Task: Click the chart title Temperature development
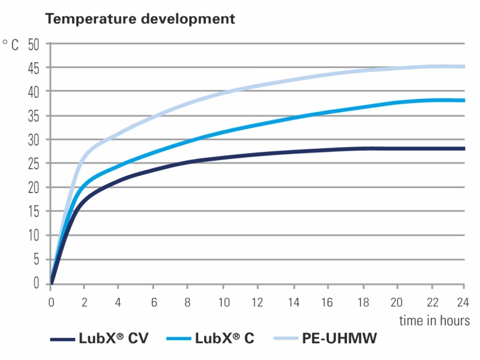[x=140, y=19]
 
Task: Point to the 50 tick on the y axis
[x=33, y=44]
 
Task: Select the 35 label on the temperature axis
[x=33, y=116]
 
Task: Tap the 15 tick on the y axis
[x=33, y=211]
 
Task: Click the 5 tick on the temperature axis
[x=35, y=259]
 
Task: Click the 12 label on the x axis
[x=258, y=301]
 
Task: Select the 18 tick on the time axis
[x=361, y=301]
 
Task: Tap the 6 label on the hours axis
[x=154, y=301]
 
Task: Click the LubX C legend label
[x=224, y=338]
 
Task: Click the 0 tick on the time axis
[x=51, y=301]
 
